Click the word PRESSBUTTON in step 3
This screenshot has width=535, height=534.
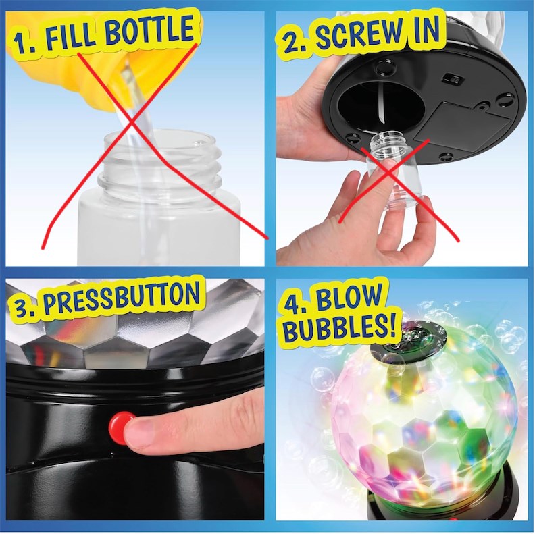pos(121,298)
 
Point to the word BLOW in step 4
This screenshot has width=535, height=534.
pos(348,299)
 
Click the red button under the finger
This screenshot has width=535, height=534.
pos(120,423)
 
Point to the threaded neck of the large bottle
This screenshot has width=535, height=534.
pos(160,164)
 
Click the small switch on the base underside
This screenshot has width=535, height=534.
pos(451,79)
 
